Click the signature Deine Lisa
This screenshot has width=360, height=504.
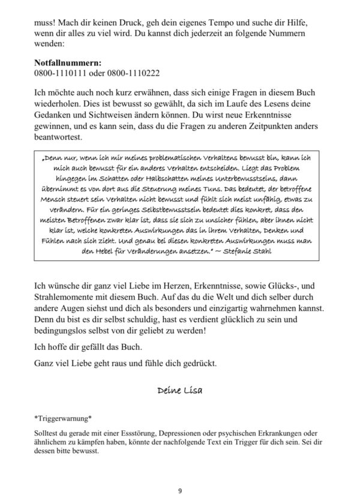tap(179, 391)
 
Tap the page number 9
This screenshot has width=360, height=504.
tap(179, 491)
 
